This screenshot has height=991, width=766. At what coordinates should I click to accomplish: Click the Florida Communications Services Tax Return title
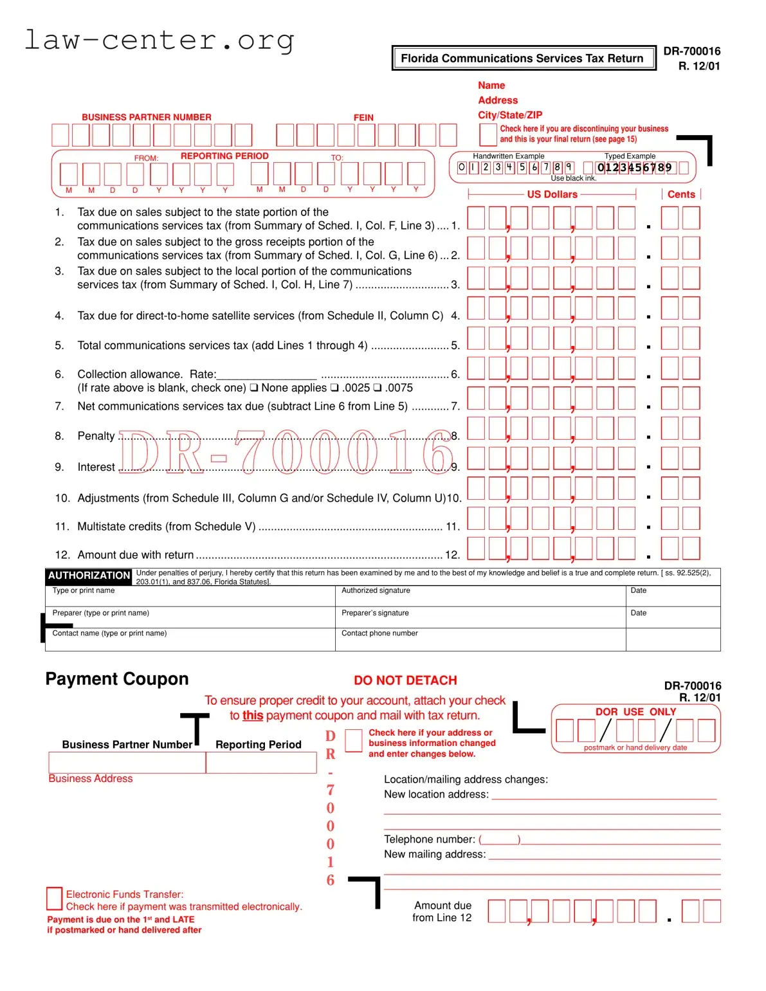[522, 59]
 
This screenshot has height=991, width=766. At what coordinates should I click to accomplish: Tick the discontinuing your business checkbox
[488, 134]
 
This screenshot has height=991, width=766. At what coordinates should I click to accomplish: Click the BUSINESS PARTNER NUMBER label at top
[146, 117]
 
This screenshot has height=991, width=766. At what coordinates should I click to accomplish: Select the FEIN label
[363, 118]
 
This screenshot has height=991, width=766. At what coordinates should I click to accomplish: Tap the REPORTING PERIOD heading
[224, 156]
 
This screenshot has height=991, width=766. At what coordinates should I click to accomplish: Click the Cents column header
[680, 194]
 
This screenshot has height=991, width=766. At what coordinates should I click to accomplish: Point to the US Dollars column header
[552, 194]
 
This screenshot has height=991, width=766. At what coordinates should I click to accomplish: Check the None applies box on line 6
[255, 388]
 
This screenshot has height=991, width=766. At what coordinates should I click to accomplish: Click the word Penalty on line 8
[96, 436]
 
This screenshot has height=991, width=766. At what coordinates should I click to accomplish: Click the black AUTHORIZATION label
[89, 576]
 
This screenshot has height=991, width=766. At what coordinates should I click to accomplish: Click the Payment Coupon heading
[117, 679]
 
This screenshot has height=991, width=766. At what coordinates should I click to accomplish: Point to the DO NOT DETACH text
[405, 680]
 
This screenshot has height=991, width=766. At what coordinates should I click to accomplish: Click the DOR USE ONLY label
[635, 712]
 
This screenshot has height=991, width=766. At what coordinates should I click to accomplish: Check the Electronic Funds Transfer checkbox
[54, 898]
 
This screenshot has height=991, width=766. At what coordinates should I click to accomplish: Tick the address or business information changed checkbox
[354, 741]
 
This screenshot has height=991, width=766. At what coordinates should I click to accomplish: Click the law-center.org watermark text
[159, 40]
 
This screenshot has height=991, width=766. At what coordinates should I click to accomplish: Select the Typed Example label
[630, 156]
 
